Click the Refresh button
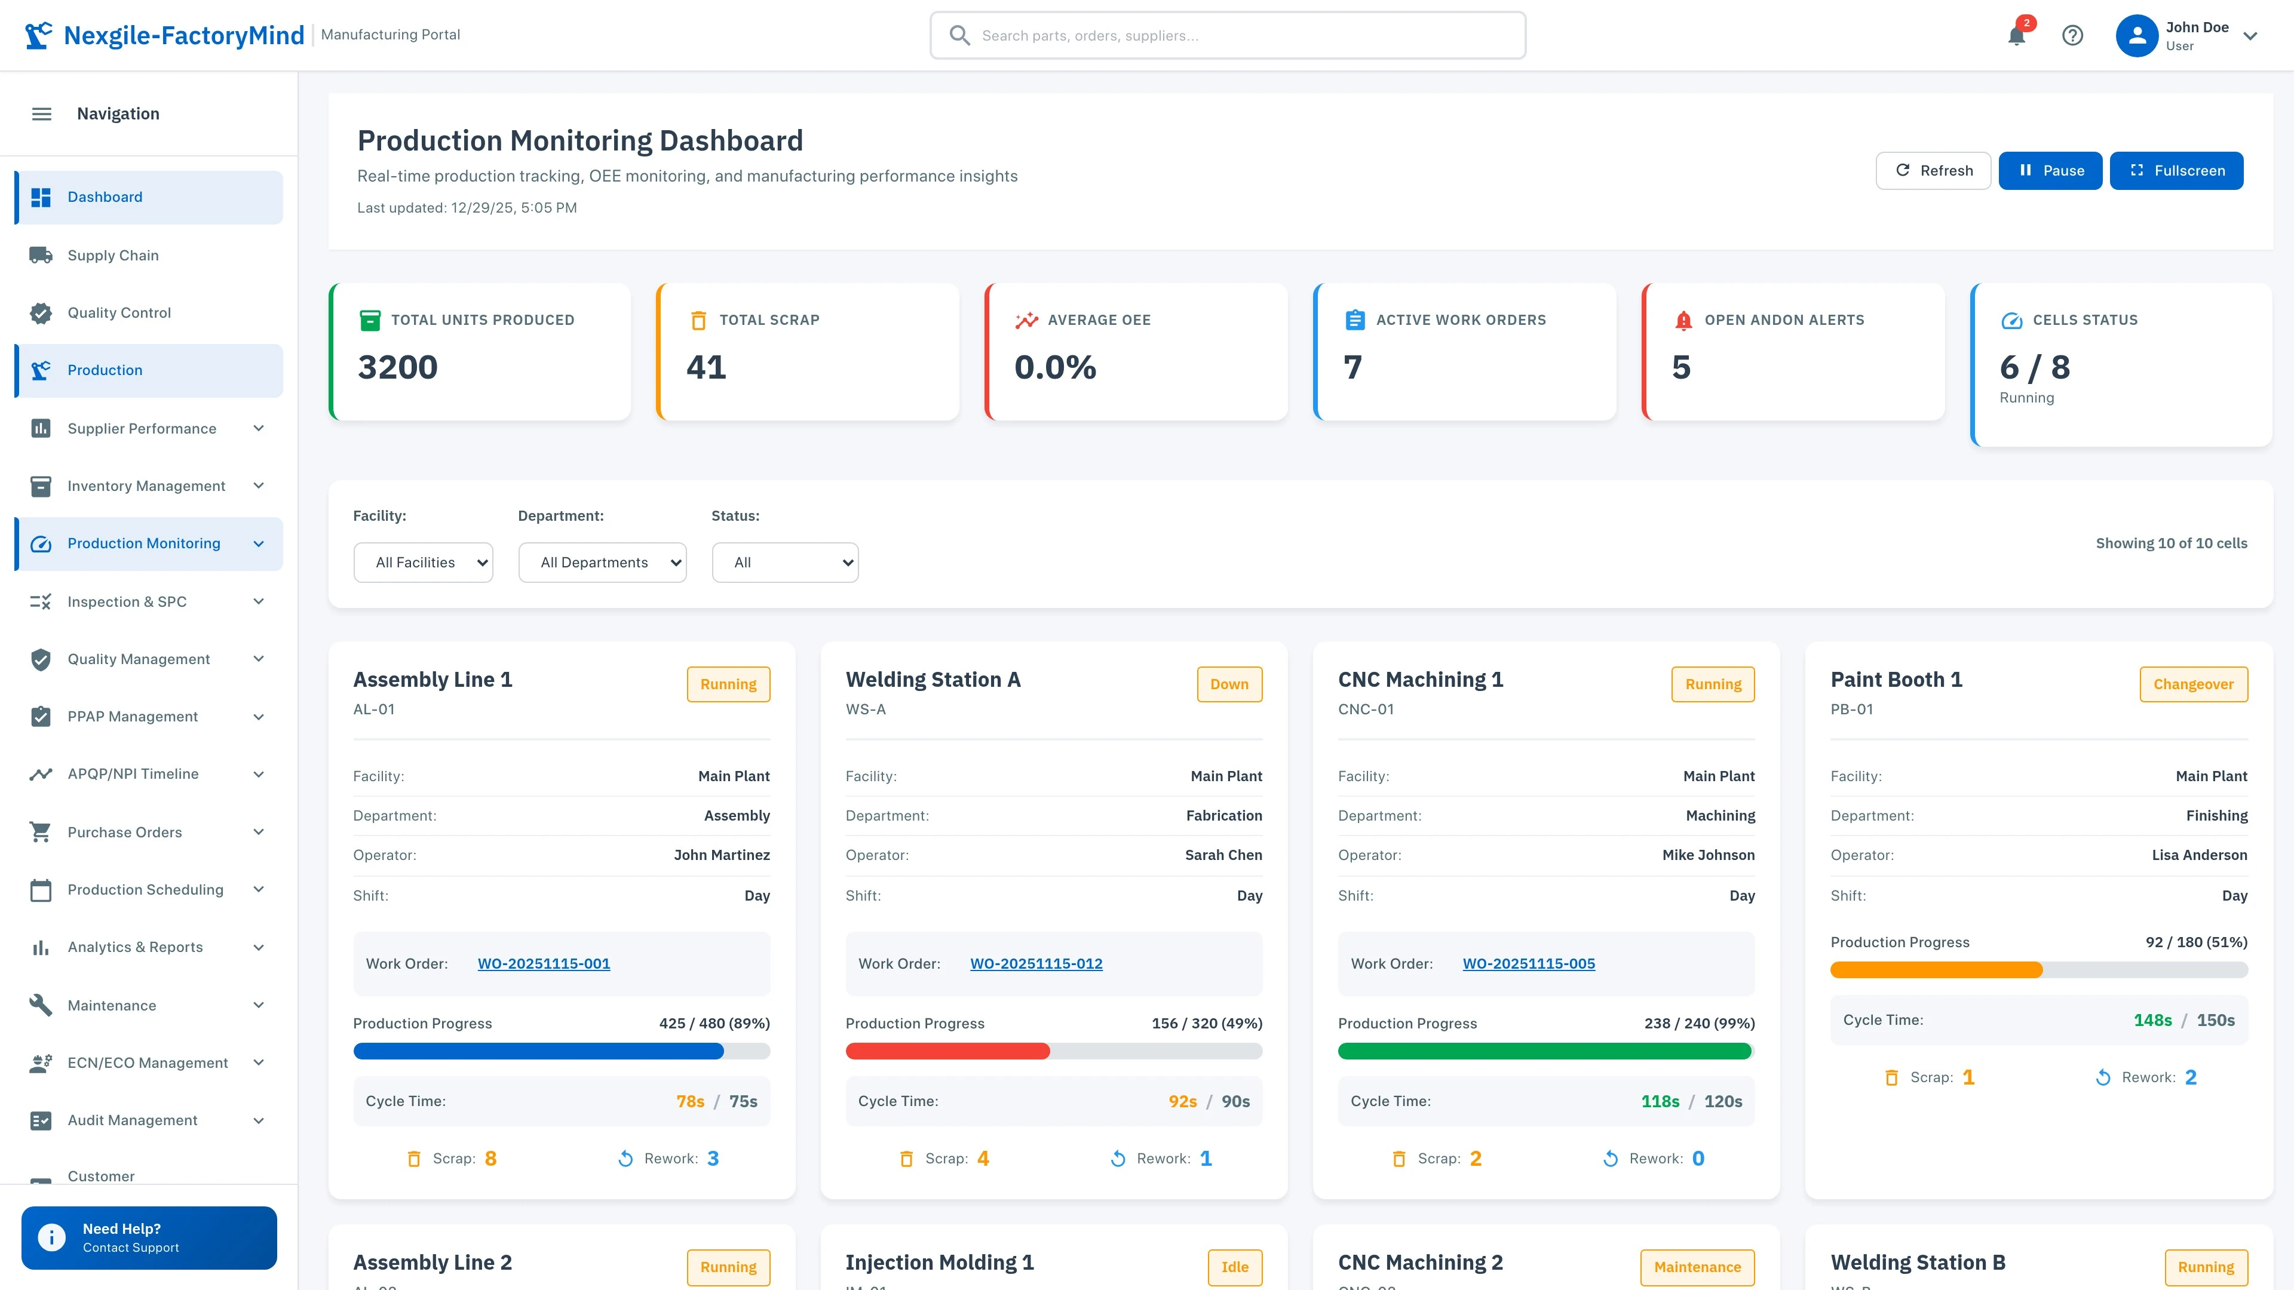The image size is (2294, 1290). tap(1933, 170)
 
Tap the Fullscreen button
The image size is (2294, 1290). tap(2176, 170)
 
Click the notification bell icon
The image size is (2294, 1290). tap(2016, 36)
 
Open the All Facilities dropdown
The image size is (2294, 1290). tap(423, 563)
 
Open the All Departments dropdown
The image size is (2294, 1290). tap(602, 563)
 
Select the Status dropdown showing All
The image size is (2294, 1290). tap(784, 563)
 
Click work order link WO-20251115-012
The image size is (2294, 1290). tap(1036, 963)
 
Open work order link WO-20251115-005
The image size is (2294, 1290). tap(1528, 963)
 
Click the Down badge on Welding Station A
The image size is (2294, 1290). tap(1229, 684)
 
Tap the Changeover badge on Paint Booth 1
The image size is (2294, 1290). tap(2192, 684)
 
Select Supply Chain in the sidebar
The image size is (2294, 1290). tap(113, 256)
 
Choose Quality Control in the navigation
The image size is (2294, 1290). tap(119, 312)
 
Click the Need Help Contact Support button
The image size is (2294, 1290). tap(149, 1237)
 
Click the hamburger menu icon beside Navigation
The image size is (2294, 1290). tap(42, 114)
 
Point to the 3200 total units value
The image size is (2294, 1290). tap(397, 367)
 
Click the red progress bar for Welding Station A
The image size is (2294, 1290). tap(947, 1051)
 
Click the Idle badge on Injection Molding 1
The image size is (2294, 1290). tap(1234, 1267)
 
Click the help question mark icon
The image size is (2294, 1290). tap(2072, 36)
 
